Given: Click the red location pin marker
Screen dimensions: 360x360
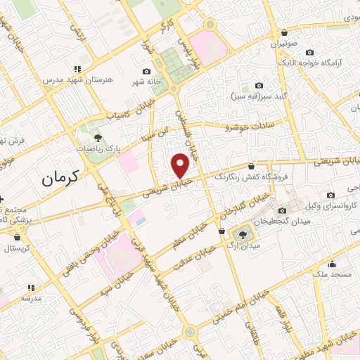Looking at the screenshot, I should click(181, 165).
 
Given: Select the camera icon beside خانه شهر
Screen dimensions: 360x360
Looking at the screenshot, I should click(146, 71).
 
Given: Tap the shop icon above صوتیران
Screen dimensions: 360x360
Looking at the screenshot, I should click(284, 32).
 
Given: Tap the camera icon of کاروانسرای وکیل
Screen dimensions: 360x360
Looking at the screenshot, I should click(330, 195).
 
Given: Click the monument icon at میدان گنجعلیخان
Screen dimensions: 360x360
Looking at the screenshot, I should click(282, 210).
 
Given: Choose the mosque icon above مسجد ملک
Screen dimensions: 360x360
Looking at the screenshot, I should click(333, 264).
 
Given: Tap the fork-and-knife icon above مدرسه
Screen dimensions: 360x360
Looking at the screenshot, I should click(31, 288).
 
